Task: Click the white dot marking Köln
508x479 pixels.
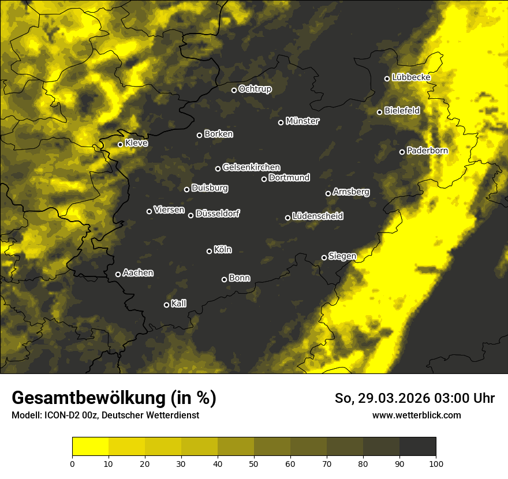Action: point(209,251)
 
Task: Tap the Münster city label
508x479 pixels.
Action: point(302,121)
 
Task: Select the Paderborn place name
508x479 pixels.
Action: point(427,151)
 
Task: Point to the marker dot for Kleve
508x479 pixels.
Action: point(120,144)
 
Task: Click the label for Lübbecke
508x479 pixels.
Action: point(411,77)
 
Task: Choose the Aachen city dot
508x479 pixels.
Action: point(118,274)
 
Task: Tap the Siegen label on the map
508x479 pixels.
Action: point(342,256)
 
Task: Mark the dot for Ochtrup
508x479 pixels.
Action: point(234,90)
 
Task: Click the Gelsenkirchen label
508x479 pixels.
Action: point(251,167)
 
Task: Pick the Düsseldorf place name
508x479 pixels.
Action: point(218,214)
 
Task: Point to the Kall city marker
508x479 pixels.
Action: point(166,305)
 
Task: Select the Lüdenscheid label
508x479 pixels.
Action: point(317,216)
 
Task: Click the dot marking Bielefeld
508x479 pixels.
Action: point(379,112)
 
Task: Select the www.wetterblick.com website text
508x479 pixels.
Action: point(416,416)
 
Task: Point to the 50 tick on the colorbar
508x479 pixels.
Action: point(254,463)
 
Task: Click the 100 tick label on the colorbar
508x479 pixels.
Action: point(436,463)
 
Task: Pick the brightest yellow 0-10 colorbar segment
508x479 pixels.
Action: point(90,446)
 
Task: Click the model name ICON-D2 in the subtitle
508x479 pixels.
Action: point(61,416)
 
